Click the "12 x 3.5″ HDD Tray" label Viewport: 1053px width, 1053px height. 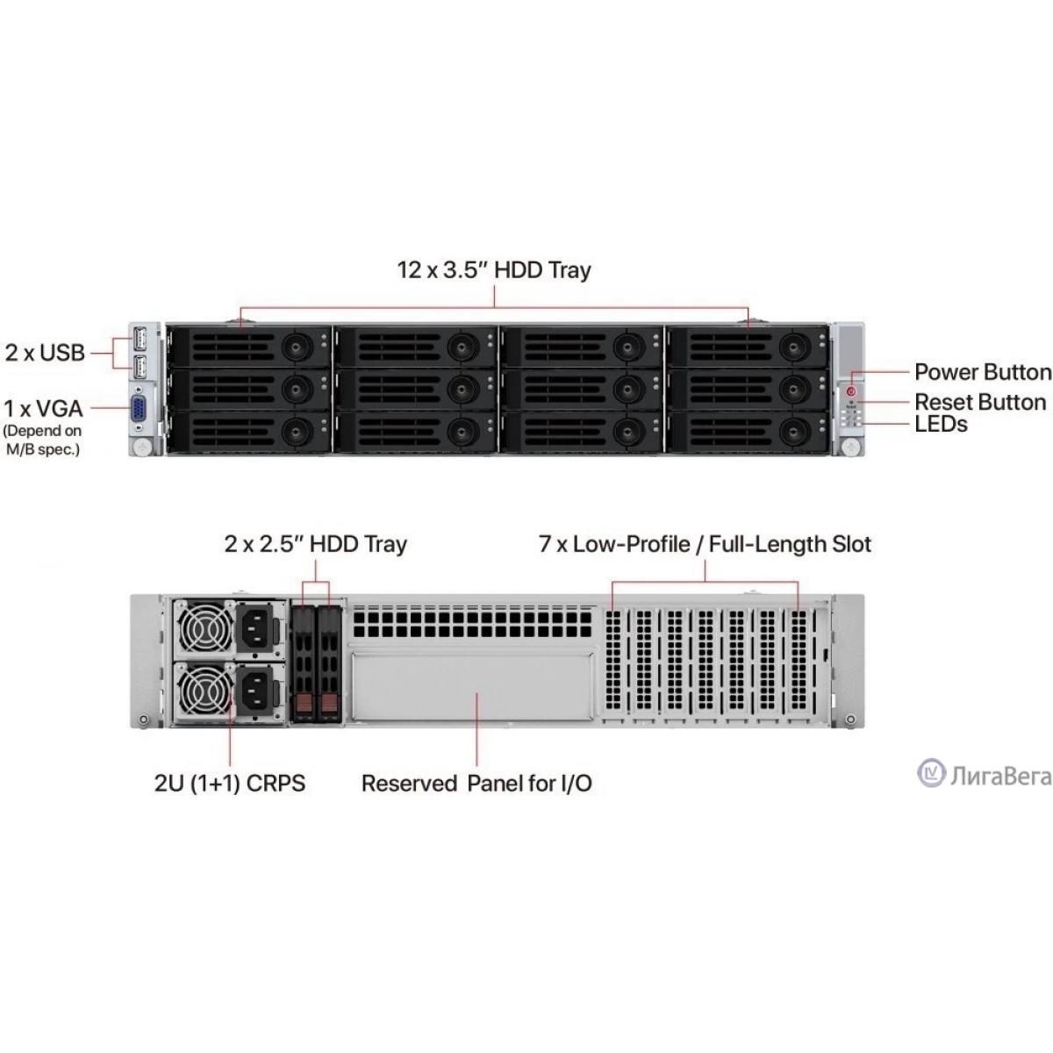click(494, 269)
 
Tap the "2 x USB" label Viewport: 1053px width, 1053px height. click(45, 353)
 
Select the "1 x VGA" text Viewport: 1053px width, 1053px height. click(43, 408)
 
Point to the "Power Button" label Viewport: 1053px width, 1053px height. click(982, 372)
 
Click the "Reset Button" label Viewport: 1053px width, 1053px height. click(980, 402)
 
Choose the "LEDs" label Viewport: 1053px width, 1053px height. click(941, 424)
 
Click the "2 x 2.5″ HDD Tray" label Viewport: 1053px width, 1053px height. click(316, 544)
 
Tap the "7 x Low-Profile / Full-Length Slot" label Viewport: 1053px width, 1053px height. click(705, 544)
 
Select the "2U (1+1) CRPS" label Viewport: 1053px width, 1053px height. click(230, 783)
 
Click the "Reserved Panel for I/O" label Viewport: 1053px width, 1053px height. click(476, 783)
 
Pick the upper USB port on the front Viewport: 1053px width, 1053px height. click(140, 336)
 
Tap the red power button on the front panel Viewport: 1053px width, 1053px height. click(850, 390)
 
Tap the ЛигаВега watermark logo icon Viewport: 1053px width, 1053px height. click(931, 773)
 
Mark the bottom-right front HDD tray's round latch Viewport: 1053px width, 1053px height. click(795, 430)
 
